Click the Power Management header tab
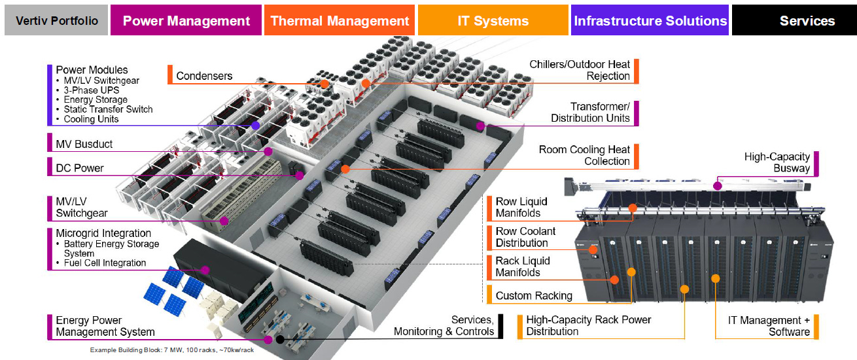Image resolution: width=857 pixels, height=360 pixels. pos(186,21)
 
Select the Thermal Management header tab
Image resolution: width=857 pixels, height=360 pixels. pos(339,21)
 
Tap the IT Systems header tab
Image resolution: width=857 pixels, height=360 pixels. pos(493,21)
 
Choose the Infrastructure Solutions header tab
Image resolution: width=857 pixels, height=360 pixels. pos(650,21)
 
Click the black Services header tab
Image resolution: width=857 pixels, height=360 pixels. pos(807,21)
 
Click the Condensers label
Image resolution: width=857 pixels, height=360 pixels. pos(204,76)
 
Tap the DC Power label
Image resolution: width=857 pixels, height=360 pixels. pos(80,168)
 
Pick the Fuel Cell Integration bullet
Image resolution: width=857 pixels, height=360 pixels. pos(105,263)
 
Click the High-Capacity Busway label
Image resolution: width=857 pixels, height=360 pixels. pos(777,162)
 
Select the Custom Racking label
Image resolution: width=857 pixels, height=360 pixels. pos(533,296)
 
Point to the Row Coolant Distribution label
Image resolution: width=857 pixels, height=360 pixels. pos(525,237)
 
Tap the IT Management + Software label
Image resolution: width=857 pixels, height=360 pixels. pos(769,326)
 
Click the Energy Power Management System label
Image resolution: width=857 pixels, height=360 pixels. pos(105,326)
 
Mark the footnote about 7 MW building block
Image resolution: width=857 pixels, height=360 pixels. pos(171,350)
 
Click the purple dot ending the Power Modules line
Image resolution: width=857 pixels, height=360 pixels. pos(255,125)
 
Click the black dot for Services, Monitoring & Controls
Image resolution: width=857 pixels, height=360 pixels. pos(280,339)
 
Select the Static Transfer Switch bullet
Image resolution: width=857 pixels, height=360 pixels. pos(108,109)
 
